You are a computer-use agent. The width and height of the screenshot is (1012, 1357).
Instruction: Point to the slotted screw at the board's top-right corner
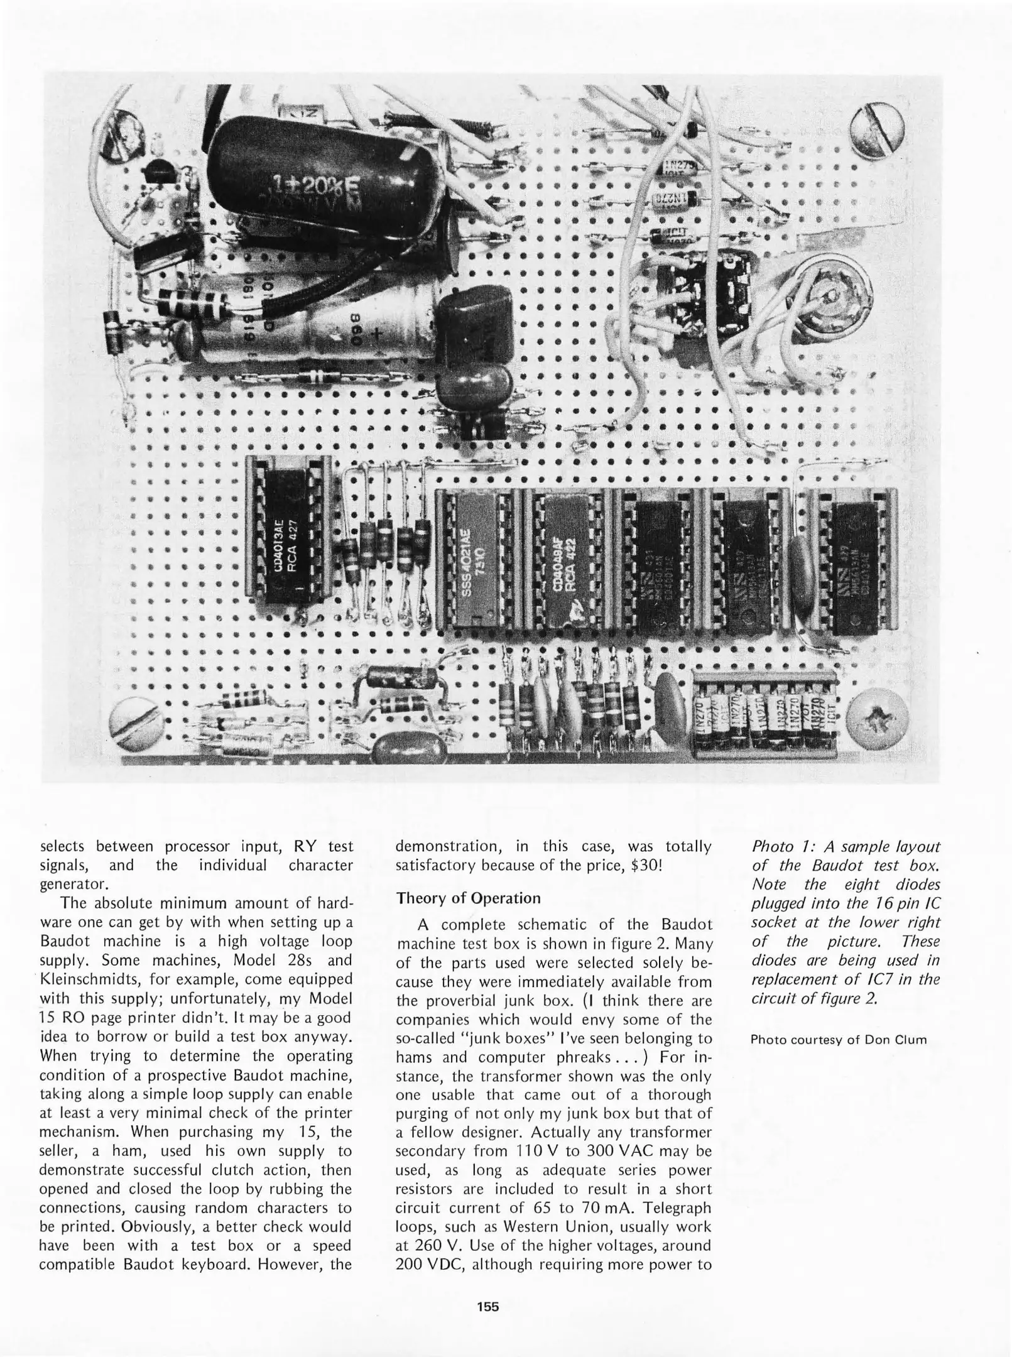click(x=878, y=131)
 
